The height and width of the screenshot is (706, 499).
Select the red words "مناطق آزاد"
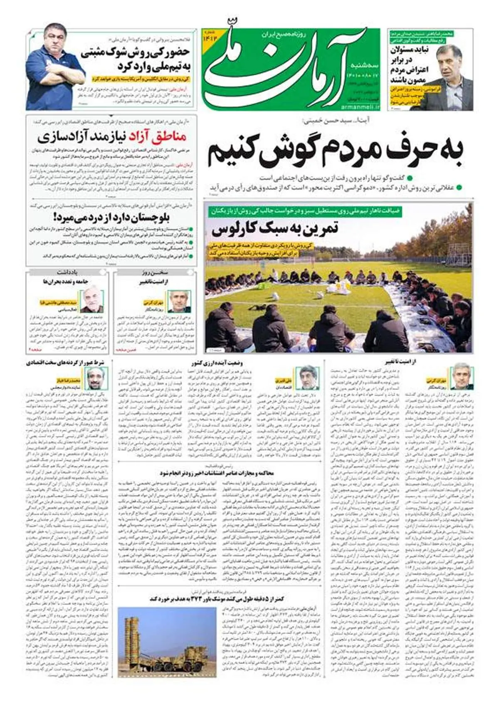click(158, 136)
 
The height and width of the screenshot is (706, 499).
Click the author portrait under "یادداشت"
click(92, 301)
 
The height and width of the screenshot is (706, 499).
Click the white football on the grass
click(275, 296)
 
